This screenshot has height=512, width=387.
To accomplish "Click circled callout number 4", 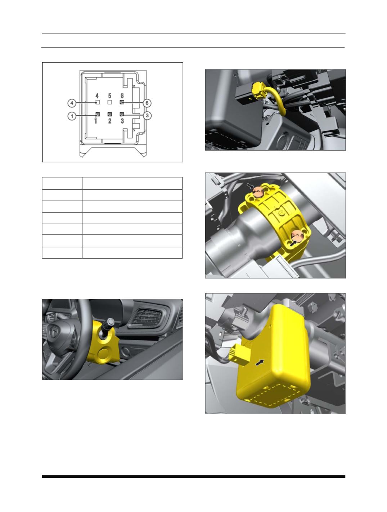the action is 72,103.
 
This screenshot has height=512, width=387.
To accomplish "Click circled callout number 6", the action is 147,103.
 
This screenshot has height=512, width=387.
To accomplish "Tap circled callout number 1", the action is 72,116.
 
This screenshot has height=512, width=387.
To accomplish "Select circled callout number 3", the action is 147,116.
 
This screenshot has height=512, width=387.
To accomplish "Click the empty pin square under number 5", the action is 109,102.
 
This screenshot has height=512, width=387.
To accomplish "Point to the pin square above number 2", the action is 109,114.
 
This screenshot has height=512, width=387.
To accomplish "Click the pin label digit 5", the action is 109,96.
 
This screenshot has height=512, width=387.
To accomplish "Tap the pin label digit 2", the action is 109,121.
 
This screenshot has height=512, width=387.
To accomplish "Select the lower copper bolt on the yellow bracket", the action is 297,235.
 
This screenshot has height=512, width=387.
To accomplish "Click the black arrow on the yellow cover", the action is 261,363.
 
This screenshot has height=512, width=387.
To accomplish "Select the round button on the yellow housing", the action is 104,353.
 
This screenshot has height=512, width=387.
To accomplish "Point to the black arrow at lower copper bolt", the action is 293,243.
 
